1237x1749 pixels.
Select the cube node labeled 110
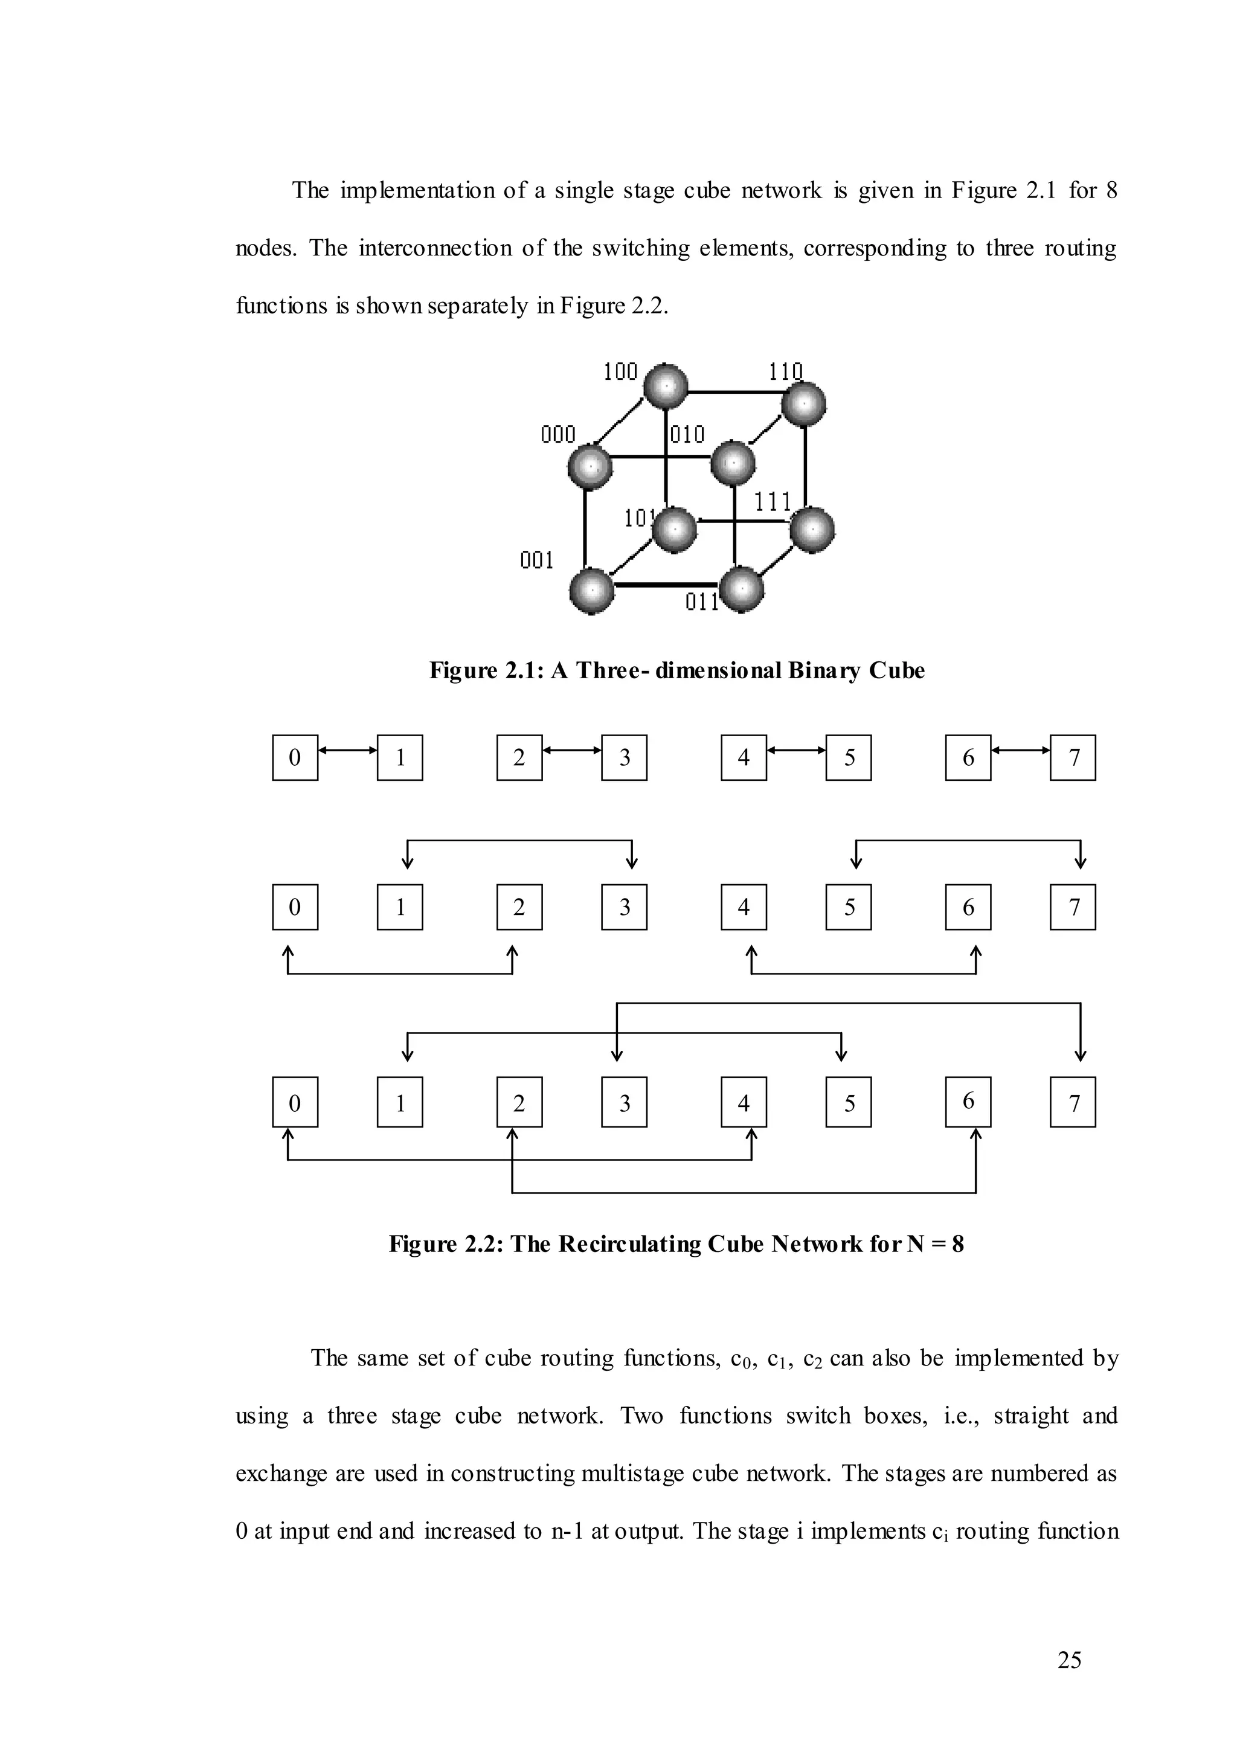point(803,405)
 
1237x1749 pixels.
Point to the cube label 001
point(536,560)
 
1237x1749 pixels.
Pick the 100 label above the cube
point(620,372)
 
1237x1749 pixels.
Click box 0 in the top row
point(295,757)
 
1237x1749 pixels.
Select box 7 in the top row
point(1073,757)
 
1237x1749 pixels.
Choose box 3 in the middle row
point(624,907)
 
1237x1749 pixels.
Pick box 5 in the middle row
point(849,907)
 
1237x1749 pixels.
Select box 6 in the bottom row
point(968,1102)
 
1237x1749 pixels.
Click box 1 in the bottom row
point(400,1102)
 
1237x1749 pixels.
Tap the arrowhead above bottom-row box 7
point(1080,1056)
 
